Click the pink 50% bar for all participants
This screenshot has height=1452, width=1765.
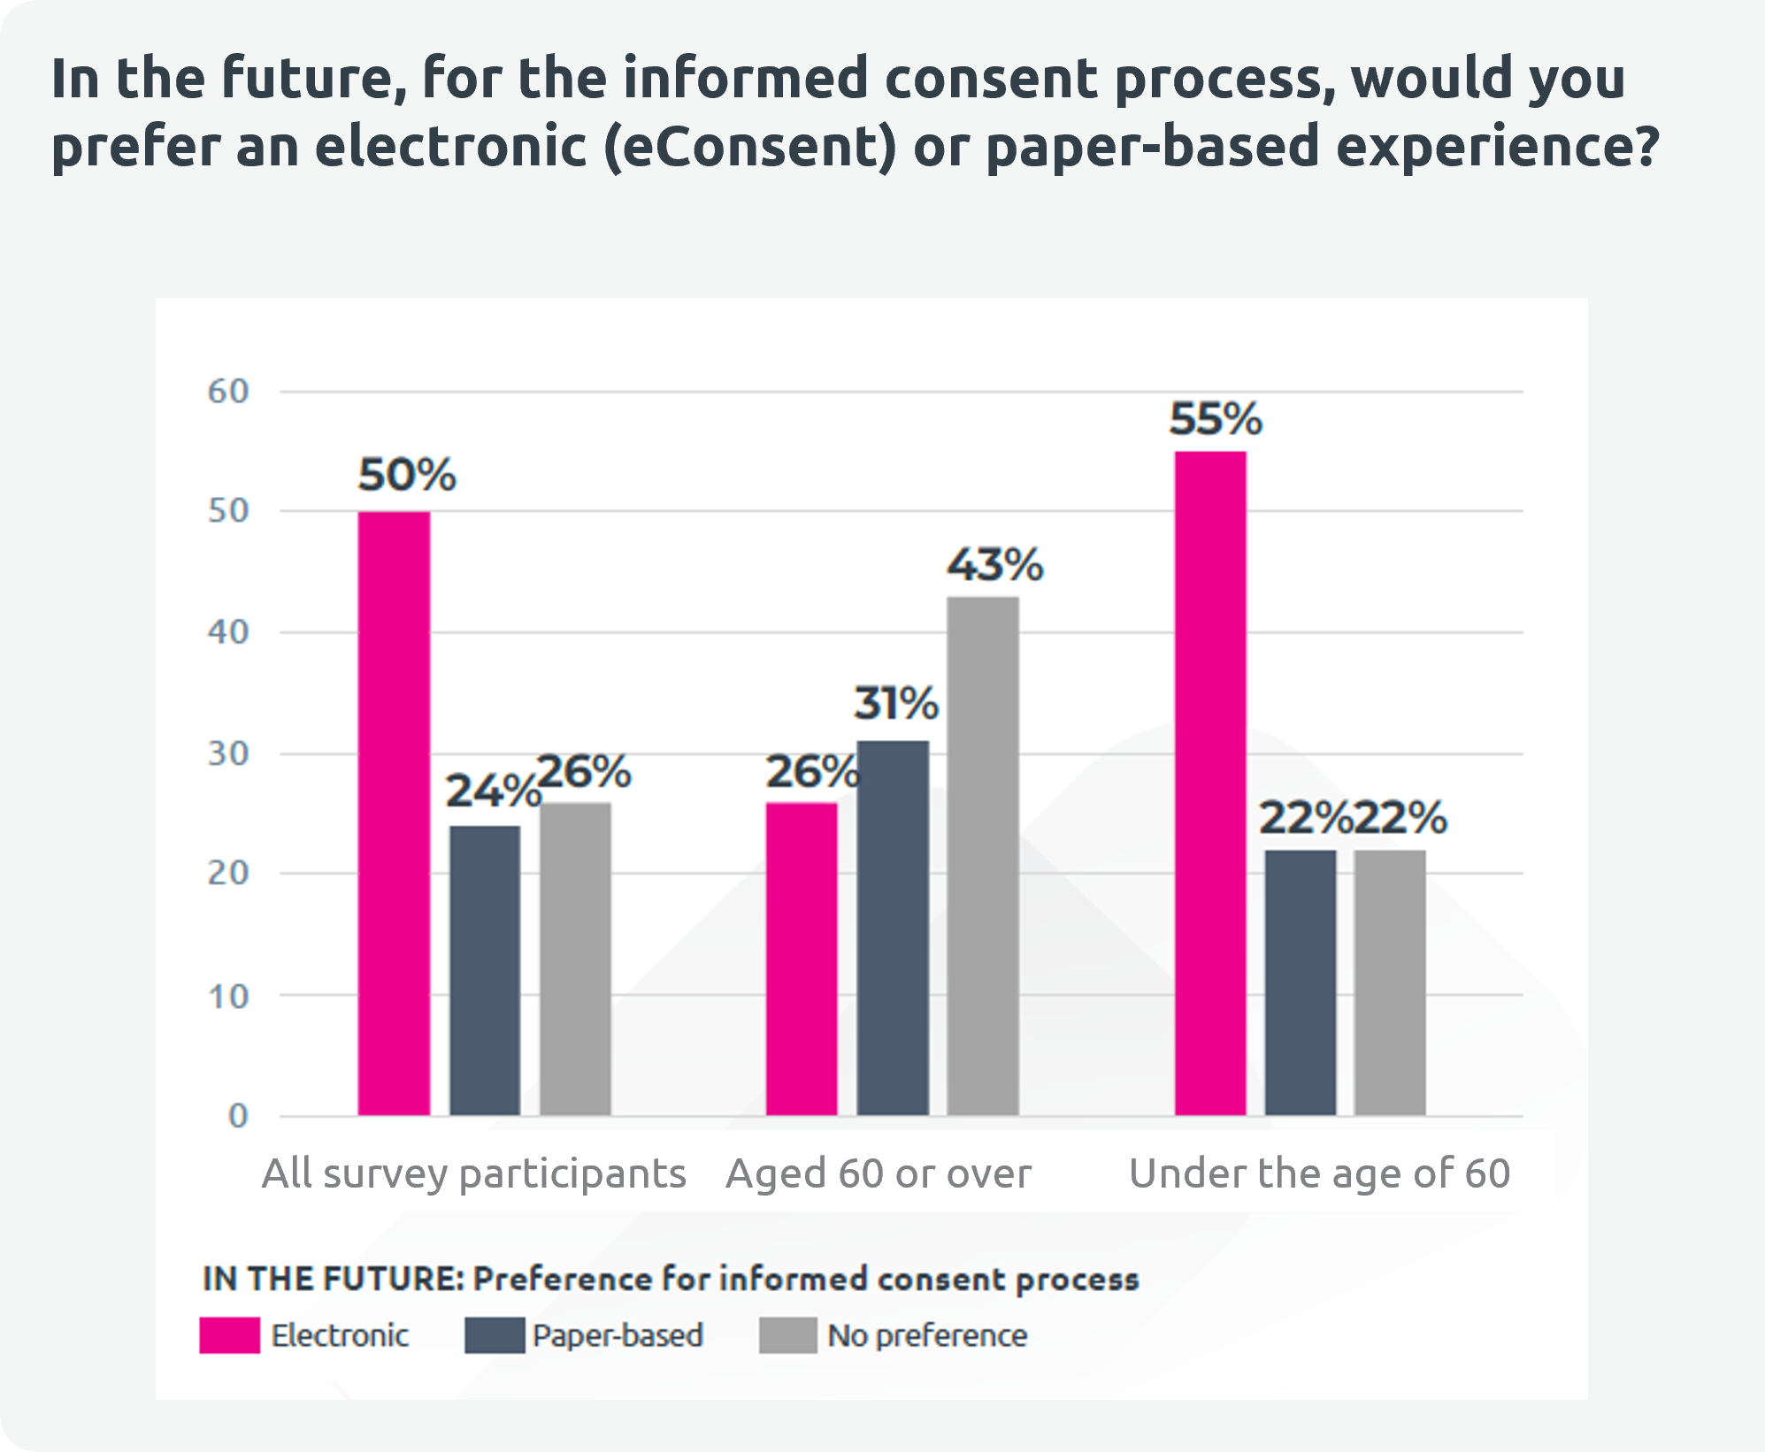394,814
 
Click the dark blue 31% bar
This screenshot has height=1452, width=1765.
893,928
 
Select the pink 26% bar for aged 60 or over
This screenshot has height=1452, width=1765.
802,959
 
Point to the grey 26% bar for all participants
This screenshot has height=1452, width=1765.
575,959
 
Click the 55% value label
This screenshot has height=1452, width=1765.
1216,419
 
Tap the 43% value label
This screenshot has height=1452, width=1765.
995,564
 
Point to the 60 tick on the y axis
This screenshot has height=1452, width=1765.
228,392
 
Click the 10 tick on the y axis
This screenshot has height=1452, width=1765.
228,997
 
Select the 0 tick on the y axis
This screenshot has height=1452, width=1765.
237,1116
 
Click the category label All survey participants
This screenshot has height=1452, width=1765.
474,1174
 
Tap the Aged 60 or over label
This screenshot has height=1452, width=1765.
879,1174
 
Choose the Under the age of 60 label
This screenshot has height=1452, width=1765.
1319,1174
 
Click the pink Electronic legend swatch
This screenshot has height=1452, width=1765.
230,1335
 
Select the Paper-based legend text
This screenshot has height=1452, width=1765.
618,1335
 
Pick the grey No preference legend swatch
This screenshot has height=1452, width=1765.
787,1335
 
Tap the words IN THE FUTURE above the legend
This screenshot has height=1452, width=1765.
333,1279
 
